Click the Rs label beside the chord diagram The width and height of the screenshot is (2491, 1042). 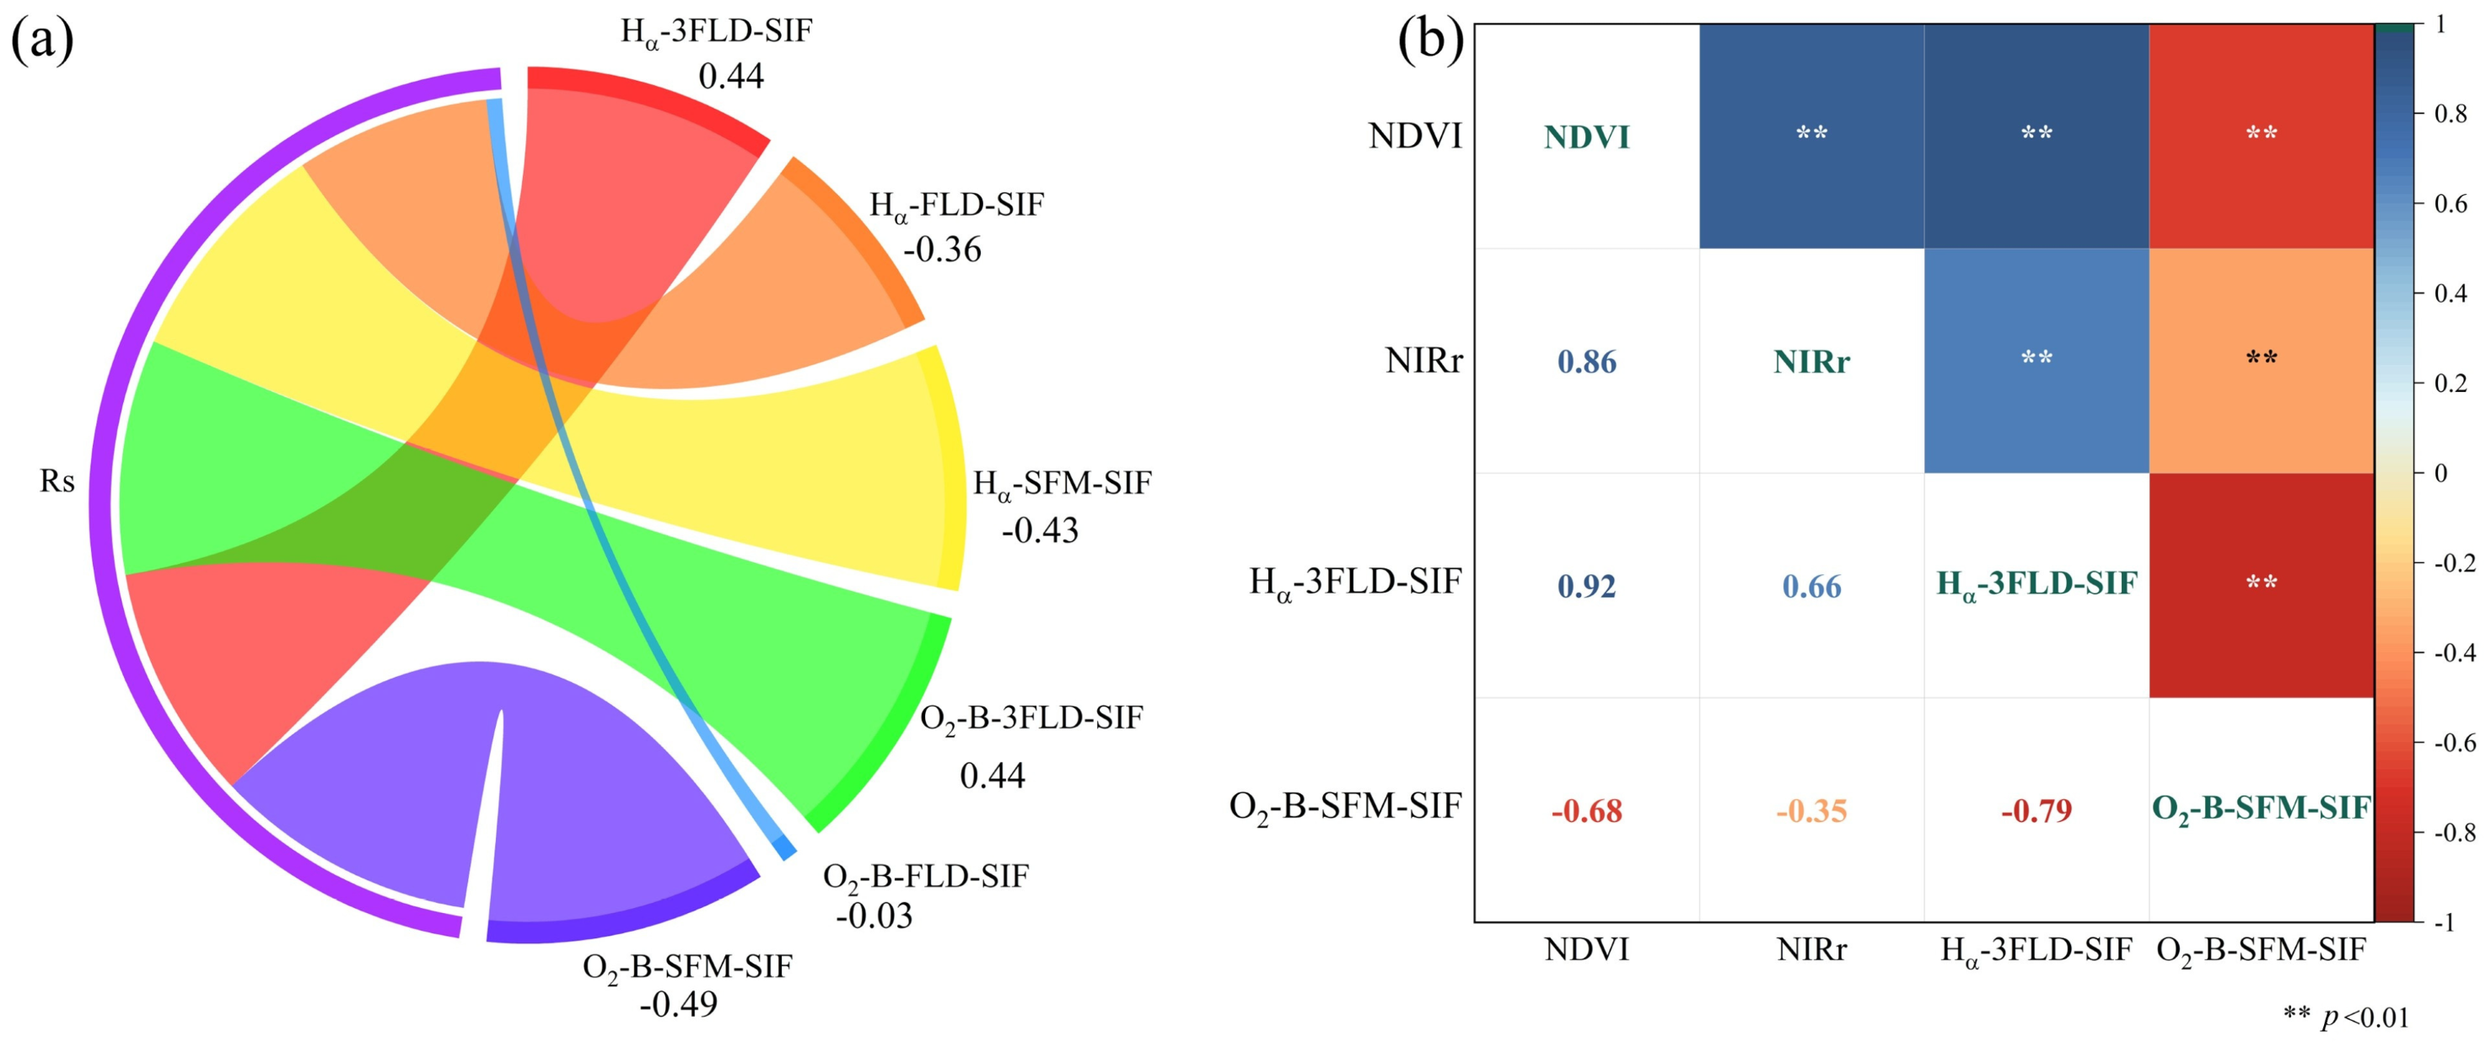coord(57,481)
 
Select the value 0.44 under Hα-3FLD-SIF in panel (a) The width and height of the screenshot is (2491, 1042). coord(731,75)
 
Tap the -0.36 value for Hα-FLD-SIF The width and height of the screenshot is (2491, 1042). coord(942,250)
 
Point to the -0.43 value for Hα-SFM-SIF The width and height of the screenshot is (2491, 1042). coord(1040,529)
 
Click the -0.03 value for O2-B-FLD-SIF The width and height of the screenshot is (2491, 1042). coord(874,915)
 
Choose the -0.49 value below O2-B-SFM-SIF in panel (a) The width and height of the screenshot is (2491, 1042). coord(679,1004)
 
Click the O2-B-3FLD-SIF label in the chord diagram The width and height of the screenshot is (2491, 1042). coord(1030,719)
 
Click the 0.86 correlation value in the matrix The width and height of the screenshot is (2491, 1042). coord(1587,362)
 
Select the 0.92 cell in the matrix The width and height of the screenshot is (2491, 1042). coord(1587,586)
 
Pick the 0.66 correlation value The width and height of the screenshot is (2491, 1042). coord(1811,586)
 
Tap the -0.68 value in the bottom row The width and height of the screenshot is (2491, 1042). coord(1587,810)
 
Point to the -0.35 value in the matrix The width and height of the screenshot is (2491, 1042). coord(1811,810)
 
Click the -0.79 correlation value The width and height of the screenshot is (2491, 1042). coord(2036,810)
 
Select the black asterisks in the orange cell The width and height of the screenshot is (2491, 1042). coord(2262,357)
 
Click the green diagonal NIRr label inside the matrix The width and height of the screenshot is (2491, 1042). coord(1811,362)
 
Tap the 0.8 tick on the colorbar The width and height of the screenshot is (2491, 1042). coord(2451,114)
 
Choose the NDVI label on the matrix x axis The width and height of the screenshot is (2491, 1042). coord(1587,950)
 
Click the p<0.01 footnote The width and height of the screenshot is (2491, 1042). coord(2346,1017)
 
